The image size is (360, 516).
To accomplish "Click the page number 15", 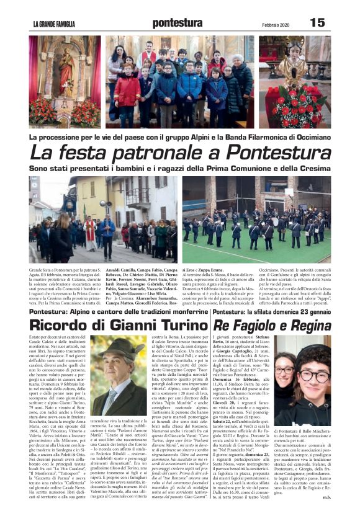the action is point(317,22).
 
